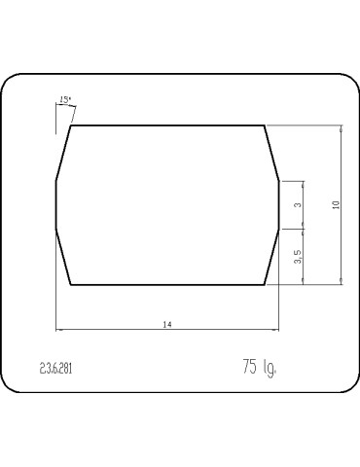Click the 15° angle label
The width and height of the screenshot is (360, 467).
pos(65,99)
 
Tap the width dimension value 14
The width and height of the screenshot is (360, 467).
pos(167,324)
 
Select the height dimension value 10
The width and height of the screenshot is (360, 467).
pos(336,205)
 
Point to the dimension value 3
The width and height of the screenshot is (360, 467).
pos(298,205)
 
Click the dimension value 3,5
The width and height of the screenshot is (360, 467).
pos(298,257)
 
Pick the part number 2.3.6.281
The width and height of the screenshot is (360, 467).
pos(55,369)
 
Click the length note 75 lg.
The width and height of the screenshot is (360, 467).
pos(260,367)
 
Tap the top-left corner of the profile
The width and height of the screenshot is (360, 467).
pos(71,126)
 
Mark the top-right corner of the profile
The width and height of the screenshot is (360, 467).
pos(265,126)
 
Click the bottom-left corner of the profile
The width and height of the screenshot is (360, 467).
pos(71,285)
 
